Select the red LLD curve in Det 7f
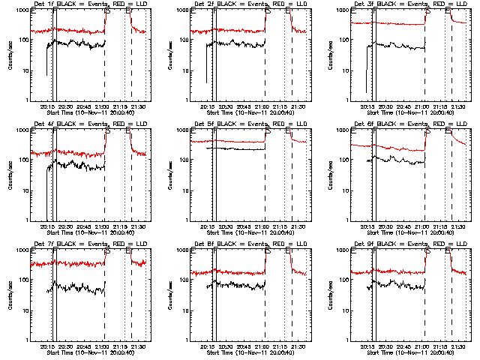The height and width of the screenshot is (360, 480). [75, 263]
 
